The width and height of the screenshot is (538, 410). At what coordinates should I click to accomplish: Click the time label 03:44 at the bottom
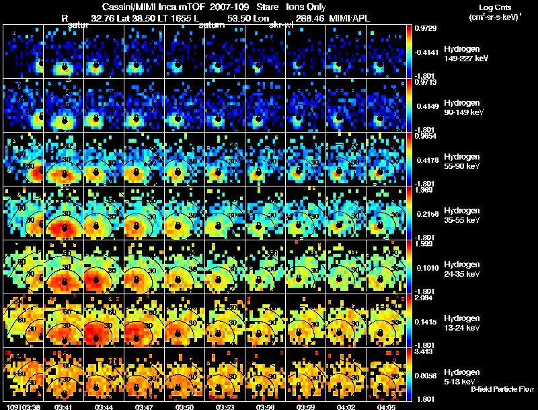pos(104,407)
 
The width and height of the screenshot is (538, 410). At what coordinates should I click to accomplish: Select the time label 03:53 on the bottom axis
pos(225,407)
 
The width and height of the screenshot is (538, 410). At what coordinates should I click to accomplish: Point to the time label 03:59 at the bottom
pos(307,407)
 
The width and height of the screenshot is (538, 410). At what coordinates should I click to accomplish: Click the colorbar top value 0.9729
pos(426,28)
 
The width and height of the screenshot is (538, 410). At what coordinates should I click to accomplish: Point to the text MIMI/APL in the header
pos(350,19)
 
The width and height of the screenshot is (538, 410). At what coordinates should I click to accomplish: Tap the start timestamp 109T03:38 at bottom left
pos(20,407)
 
